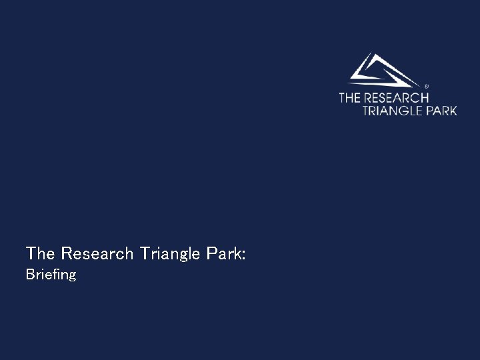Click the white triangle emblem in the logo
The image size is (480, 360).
point(381,71)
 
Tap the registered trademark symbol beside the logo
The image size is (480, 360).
point(426,86)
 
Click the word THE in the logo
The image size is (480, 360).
point(349,98)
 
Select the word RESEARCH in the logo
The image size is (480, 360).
point(396,98)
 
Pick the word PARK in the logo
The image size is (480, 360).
point(441,110)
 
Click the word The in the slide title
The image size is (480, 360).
point(41,253)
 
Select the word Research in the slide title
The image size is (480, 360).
point(97,253)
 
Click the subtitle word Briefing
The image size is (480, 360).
point(51,275)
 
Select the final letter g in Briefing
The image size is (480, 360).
point(72,276)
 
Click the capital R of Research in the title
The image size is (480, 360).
point(65,253)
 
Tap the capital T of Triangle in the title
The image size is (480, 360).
point(145,253)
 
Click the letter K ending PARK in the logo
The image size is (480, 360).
point(453,110)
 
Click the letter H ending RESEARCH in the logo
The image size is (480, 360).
point(425,98)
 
